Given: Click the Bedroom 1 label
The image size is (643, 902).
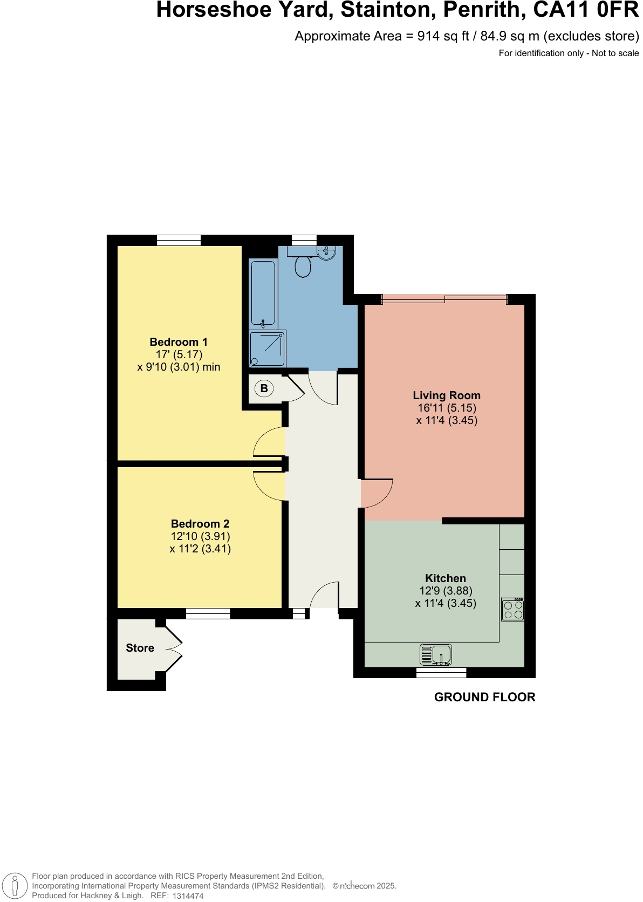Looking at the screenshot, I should point(179,342).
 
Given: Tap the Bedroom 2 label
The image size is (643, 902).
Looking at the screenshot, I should point(200,524).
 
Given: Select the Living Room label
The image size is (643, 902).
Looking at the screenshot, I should point(447,395).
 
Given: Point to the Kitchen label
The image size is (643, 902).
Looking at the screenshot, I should point(446,578).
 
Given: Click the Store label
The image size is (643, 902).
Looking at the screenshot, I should point(140,648).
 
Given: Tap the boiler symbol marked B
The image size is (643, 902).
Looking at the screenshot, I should point(264,388).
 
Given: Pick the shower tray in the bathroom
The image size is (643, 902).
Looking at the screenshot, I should point(268,348).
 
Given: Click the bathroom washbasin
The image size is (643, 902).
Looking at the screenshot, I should point(327,252).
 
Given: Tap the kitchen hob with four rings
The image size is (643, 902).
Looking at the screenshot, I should point(512,610).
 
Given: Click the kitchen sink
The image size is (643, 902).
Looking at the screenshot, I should point(436,655).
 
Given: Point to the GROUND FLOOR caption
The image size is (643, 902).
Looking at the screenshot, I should point(484,697).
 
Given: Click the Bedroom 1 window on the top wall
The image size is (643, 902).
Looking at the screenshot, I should point(179,241).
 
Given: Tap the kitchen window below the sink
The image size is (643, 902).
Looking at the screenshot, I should point(441,672).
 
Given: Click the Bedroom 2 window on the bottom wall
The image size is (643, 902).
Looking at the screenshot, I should point(208,613).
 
